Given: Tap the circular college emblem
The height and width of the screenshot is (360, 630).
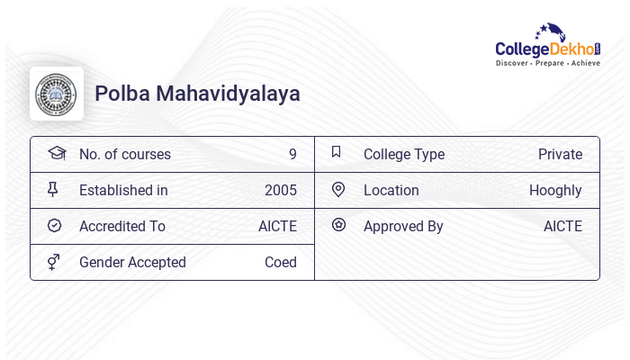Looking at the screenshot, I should [57, 94].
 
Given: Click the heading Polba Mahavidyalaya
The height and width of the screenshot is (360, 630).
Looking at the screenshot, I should [197, 94].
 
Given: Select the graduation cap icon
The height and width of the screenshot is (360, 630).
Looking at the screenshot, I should [57, 153].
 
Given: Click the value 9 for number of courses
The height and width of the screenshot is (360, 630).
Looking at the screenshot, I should [292, 154].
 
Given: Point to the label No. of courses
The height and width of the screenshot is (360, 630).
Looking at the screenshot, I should [124, 154].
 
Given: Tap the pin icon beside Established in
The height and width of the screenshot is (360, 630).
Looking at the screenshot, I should [53, 190].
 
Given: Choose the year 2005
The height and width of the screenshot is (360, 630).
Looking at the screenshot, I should [280, 190].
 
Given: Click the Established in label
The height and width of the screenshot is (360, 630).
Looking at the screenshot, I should [123, 190].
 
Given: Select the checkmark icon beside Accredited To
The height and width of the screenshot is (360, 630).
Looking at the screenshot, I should [54, 226].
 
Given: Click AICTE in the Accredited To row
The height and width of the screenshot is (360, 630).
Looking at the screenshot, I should [277, 226].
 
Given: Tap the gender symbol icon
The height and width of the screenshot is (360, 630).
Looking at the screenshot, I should [54, 262].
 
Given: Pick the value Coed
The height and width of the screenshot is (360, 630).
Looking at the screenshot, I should [280, 262].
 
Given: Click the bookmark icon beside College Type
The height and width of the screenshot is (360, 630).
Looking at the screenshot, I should [337, 153].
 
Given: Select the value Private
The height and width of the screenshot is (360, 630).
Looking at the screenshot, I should [560, 154].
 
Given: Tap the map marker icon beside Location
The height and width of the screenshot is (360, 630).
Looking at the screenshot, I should [337, 190].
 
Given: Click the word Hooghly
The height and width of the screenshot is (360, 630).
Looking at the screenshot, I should [555, 190].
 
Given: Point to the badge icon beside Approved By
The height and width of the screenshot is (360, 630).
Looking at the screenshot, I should [338, 225].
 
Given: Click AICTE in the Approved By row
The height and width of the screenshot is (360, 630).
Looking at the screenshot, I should [562, 226].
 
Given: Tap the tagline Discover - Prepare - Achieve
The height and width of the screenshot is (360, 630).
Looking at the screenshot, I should [547, 64].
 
